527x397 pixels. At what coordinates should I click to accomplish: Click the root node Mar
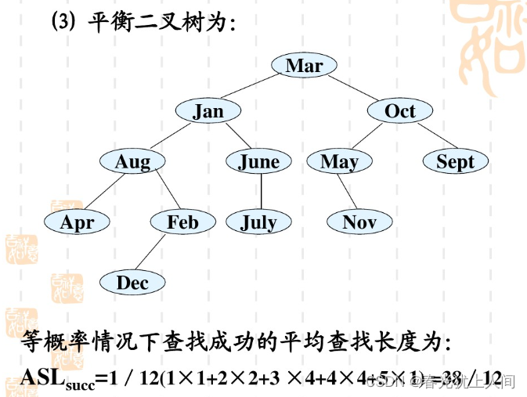tap(304, 65)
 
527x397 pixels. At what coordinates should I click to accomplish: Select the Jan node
tap(208, 111)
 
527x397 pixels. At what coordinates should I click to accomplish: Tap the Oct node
tap(399, 111)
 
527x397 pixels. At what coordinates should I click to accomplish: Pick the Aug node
tap(132, 161)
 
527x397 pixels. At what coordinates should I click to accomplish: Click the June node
tap(258, 161)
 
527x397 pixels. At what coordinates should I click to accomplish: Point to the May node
tap(339, 161)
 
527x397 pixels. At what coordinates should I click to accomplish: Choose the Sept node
tap(455, 161)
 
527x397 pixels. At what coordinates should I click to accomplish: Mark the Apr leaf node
tap(77, 222)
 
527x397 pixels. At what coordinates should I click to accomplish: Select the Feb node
tap(182, 222)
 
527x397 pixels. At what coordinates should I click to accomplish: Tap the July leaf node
tap(258, 222)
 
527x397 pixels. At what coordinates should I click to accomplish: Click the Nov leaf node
tap(359, 222)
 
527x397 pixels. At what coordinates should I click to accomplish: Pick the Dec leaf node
tap(132, 283)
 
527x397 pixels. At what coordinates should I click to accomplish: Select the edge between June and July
tap(258, 192)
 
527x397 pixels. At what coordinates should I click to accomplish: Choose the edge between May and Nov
tap(348, 192)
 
